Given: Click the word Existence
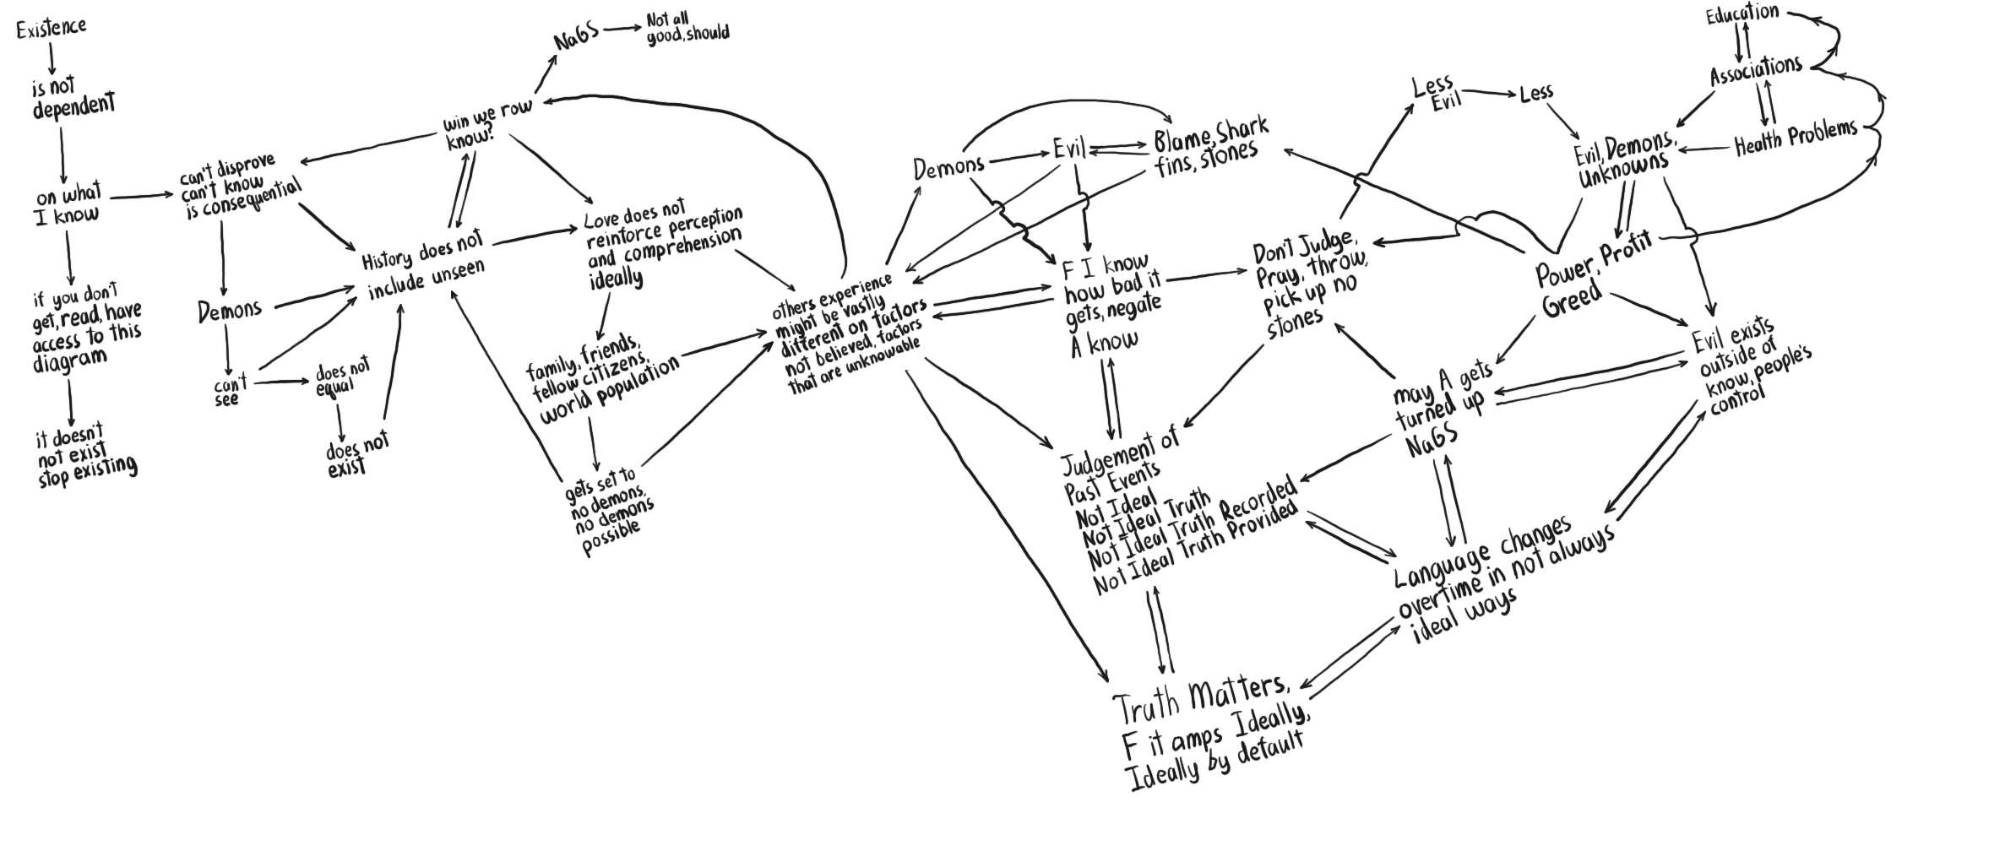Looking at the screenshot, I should click(x=52, y=27).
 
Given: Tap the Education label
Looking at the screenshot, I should click(x=1742, y=14).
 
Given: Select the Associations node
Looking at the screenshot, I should click(x=1756, y=70).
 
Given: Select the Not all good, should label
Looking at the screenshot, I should click(x=687, y=29).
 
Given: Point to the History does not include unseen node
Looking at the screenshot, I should click(x=425, y=268).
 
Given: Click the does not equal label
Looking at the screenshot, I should click(x=342, y=378).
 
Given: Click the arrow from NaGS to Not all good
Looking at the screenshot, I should click(x=622, y=29).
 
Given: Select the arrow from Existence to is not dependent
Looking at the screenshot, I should click(x=52, y=58).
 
